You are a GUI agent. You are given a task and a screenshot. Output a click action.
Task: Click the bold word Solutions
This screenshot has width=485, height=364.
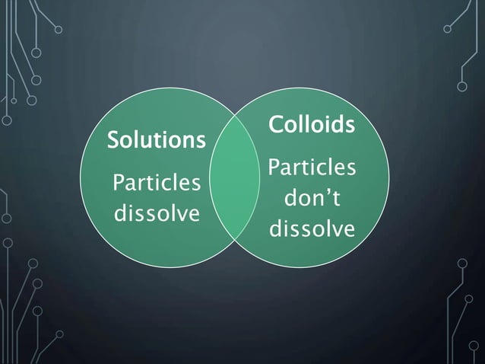pos(157,141)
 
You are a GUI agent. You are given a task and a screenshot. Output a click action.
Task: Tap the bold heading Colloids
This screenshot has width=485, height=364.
pos(311,123)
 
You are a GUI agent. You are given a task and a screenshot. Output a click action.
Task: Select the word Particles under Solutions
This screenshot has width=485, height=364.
pos(157,184)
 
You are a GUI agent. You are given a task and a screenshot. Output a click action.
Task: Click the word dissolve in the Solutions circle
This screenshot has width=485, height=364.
pos(156,212)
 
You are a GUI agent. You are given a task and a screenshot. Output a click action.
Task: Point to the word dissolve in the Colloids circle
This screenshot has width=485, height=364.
pos(311,228)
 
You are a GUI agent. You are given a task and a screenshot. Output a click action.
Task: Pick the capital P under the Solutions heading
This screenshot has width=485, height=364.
pos(117,184)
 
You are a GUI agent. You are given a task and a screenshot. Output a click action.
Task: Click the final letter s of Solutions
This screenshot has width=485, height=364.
pos(201,142)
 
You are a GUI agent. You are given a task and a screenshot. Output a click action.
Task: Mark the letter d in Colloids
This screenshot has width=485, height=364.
pos(337,123)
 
